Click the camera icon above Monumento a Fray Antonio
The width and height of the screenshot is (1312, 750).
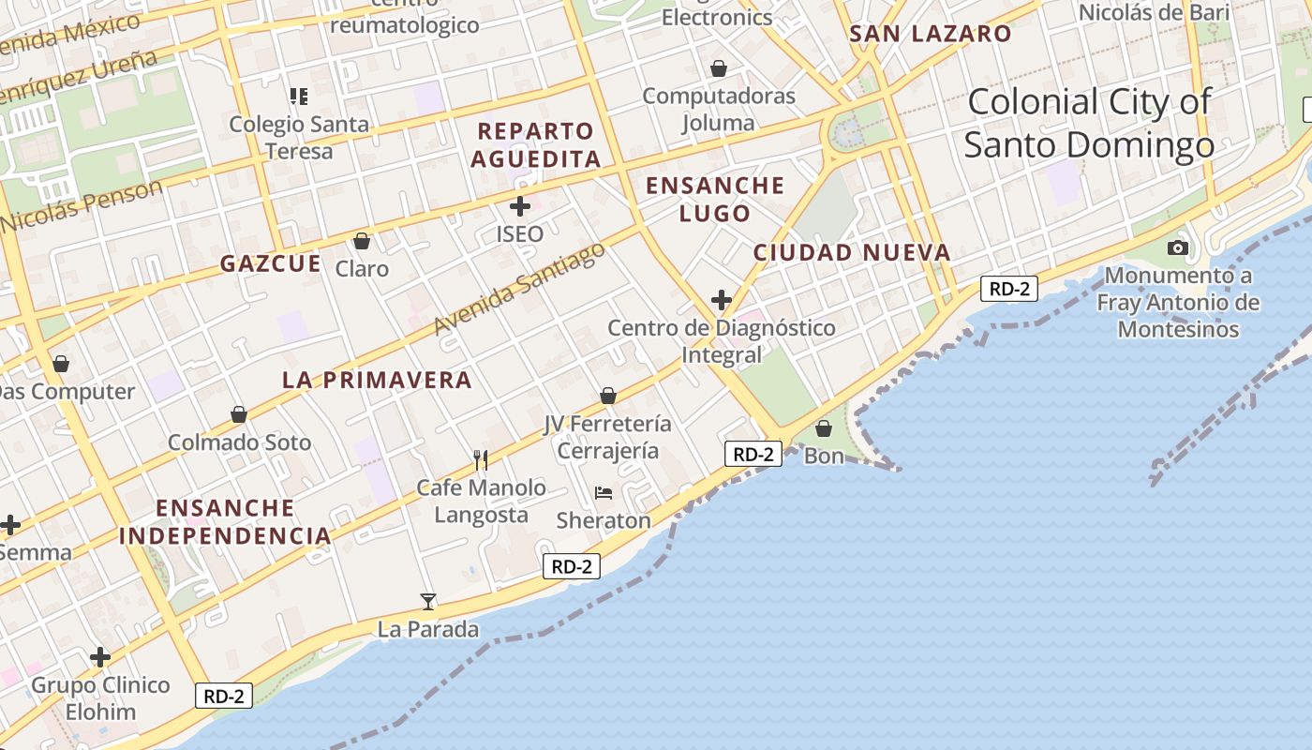click(1178, 247)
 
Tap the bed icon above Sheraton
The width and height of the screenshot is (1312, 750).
click(604, 493)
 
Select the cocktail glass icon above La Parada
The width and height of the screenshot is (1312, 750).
click(428, 601)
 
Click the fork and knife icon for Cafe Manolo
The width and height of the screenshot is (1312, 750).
click(481, 459)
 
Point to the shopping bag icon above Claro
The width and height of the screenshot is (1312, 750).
click(362, 241)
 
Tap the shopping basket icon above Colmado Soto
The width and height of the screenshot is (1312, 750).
click(239, 414)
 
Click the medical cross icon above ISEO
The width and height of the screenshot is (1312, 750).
click(519, 206)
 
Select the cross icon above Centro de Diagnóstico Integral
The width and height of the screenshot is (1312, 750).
click(721, 300)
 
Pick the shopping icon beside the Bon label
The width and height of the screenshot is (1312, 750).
click(824, 428)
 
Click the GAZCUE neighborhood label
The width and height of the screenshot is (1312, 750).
click(271, 263)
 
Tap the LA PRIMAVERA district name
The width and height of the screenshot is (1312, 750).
click(377, 380)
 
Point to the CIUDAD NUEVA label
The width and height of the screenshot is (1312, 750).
click(852, 252)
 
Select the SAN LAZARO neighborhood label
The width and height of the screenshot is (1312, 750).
click(930, 35)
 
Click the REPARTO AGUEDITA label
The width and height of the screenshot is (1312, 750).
click(535, 144)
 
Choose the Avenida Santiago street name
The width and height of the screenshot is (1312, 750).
click(519, 288)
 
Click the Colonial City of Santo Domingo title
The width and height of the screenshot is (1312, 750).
click(1089, 123)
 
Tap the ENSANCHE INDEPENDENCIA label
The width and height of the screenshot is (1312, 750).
click(225, 522)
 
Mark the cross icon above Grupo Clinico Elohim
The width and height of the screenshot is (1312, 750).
click(100, 657)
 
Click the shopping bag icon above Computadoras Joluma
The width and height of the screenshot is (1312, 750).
click(719, 68)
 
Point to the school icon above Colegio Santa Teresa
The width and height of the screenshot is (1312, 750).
click(299, 96)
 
